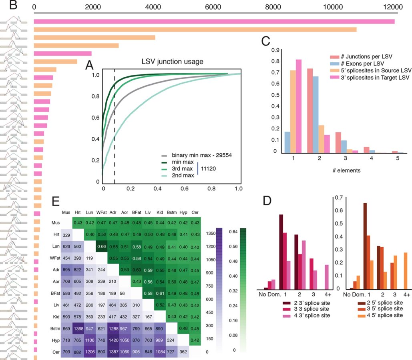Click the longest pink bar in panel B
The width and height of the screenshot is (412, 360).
(x=214, y=21)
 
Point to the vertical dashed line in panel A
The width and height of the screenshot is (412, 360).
(x=115, y=128)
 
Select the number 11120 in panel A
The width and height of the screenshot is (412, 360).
(x=209, y=170)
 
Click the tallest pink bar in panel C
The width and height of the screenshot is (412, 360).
(x=299, y=106)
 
